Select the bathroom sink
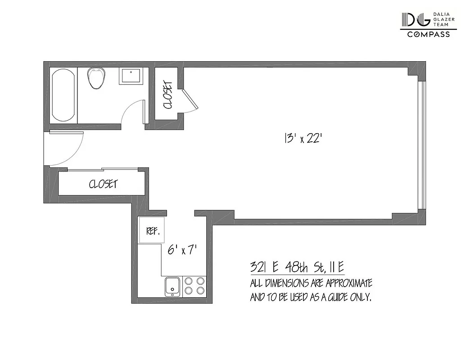(x=131, y=76)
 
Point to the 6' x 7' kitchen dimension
(x=183, y=250)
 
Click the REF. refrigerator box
(x=151, y=231)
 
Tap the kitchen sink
(x=172, y=286)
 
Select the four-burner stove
(x=195, y=286)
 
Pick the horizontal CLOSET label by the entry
(x=103, y=184)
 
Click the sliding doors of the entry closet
(x=101, y=170)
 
